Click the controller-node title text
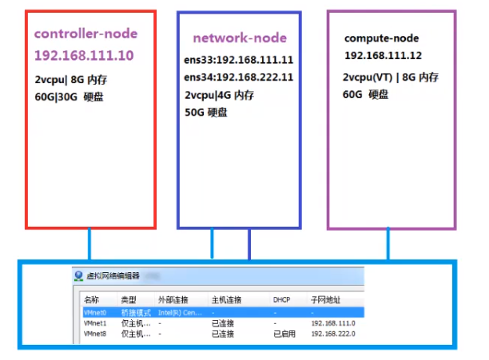pyautogui.click(x=85, y=34)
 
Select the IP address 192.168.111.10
pyautogui.click(x=84, y=56)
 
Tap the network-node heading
pyautogui.click(x=239, y=38)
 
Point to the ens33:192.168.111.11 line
pyautogui.click(x=238, y=61)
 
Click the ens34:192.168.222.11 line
pyautogui.click(x=238, y=77)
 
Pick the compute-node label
pyautogui.click(x=381, y=38)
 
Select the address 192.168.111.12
pyautogui.click(x=383, y=56)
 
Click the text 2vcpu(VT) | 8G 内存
pyautogui.click(x=390, y=77)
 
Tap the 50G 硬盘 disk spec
pyautogui.click(x=206, y=113)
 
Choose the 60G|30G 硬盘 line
pyautogui.click(x=70, y=97)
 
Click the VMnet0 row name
pyautogui.click(x=94, y=312)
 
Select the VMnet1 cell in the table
pyautogui.click(x=94, y=323)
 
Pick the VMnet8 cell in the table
pyautogui.click(x=94, y=334)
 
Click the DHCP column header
pyautogui.click(x=281, y=300)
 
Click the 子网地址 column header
pyautogui.click(x=326, y=300)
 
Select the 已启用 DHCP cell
pyautogui.click(x=284, y=334)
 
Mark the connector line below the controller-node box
pyautogui.click(x=90, y=243)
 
